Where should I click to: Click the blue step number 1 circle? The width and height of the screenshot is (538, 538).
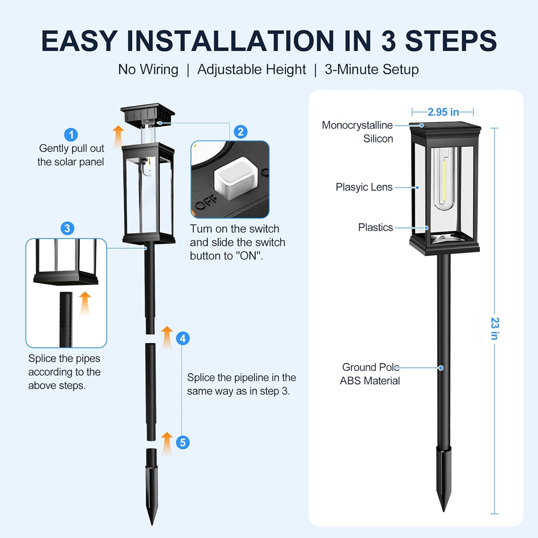71,135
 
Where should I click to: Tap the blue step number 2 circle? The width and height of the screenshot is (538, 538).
241,132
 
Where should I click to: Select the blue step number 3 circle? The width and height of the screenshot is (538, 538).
67,228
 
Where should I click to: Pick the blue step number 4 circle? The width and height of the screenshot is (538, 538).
183,338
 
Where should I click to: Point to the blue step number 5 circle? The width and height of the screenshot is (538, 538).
183,443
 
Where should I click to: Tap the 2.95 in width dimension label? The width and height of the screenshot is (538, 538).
443,112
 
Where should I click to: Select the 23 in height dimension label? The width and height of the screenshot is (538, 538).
495,329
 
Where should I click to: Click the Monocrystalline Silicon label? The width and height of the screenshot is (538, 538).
357,132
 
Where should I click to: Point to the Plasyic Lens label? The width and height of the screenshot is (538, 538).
364,187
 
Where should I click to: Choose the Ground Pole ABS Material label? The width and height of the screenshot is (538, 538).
370,374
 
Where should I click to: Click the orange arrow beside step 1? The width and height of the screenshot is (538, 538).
118,136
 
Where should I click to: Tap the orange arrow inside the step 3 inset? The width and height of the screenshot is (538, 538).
85,303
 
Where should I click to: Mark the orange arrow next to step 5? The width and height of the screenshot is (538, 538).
167,443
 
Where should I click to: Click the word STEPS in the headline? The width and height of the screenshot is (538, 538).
451,41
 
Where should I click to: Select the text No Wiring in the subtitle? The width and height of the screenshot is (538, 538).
148,69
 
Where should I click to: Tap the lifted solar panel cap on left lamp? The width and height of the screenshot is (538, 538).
148,113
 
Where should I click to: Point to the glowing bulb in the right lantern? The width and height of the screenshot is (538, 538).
444,179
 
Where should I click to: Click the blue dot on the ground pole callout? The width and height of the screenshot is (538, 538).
441,368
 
